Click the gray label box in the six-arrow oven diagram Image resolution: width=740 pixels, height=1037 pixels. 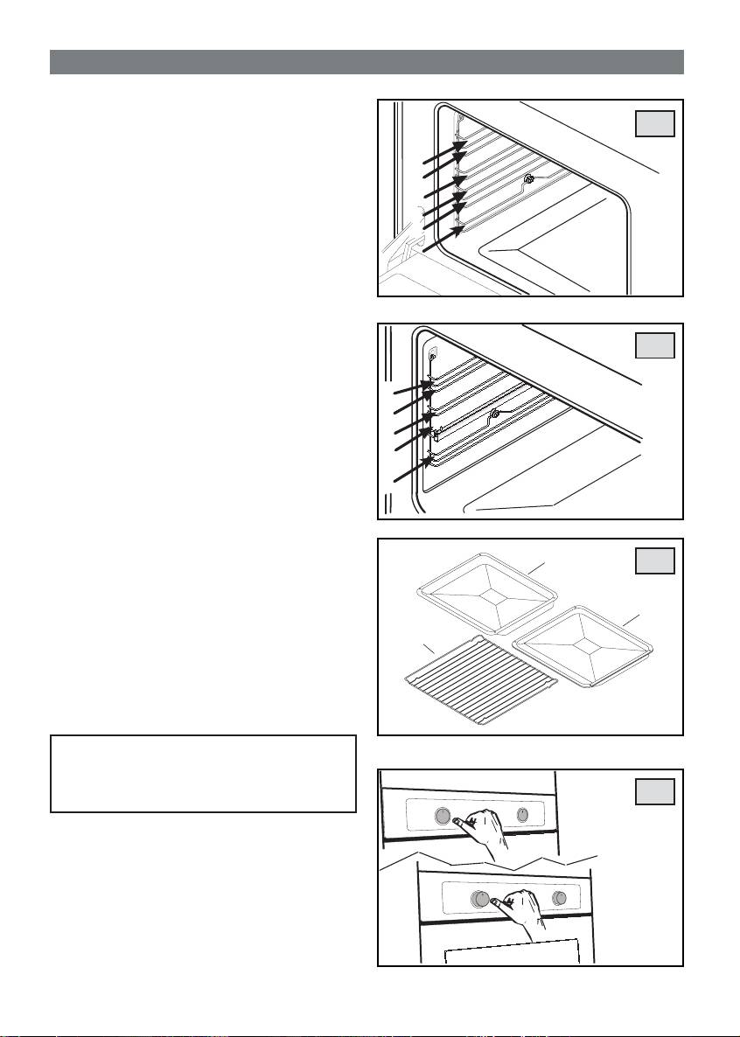coord(655,124)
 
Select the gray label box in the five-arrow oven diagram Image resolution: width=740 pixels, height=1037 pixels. coord(655,346)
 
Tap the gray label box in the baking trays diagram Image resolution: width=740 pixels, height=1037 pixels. coord(655,560)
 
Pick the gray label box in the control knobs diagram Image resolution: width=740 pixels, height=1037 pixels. coord(655,791)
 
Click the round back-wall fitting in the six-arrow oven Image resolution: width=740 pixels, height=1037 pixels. coord(528,179)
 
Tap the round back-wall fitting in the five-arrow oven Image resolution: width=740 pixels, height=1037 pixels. coord(494,413)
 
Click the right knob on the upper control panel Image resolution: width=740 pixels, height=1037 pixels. coord(522,815)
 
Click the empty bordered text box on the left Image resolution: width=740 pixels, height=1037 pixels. coord(203,774)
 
